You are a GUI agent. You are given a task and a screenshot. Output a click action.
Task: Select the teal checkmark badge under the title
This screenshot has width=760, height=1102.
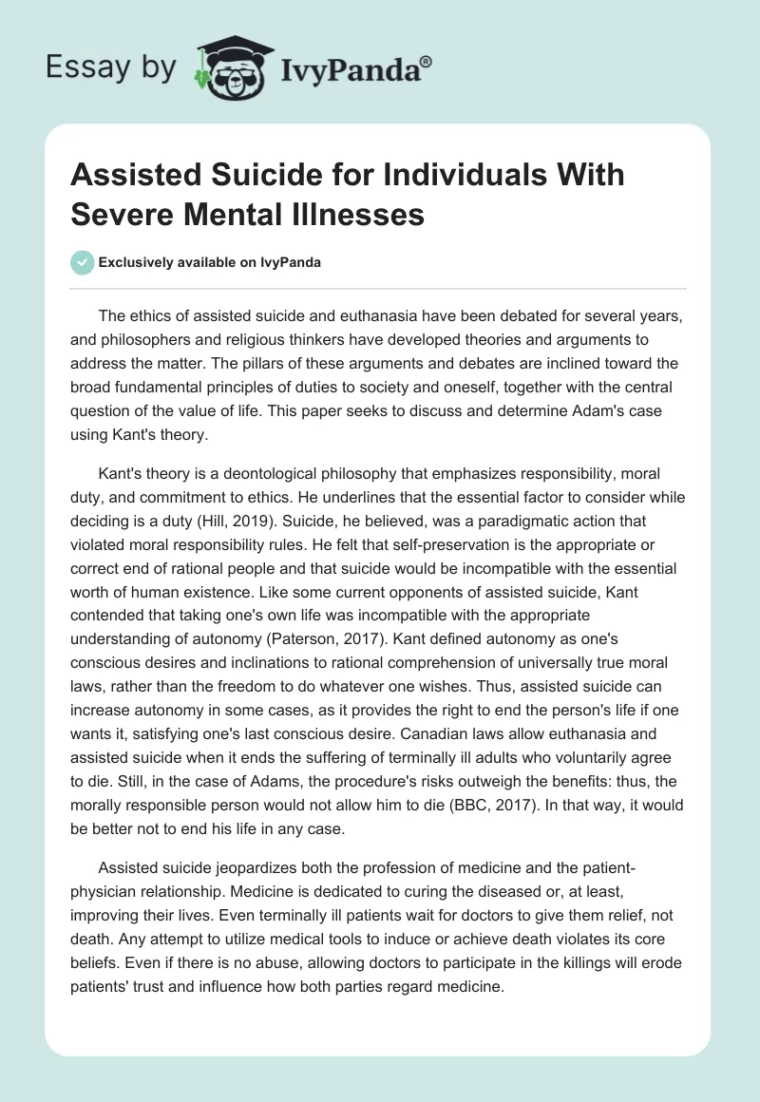pyautogui.click(x=84, y=262)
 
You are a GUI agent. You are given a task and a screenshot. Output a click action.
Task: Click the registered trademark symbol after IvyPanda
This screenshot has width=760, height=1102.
pyautogui.click(x=427, y=60)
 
